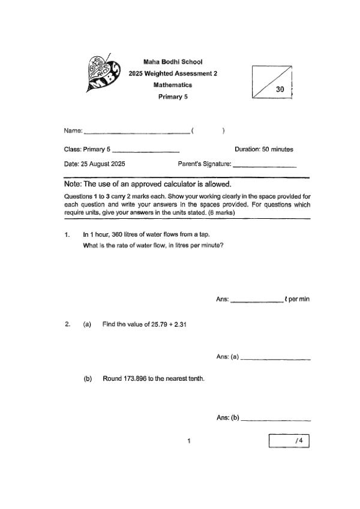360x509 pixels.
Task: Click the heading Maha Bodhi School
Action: click(173, 62)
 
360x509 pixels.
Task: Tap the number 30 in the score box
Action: click(280, 89)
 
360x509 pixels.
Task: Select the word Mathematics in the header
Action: click(173, 85)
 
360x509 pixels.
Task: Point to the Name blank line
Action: click(136, 132)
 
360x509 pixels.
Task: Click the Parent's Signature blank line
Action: click(265, 165)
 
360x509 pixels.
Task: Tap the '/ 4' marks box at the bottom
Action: click(289, 441)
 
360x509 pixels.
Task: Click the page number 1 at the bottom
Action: click(189, 442)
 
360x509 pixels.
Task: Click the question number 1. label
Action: click(67, 234)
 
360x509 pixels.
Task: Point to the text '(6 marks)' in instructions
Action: click(221, 212)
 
